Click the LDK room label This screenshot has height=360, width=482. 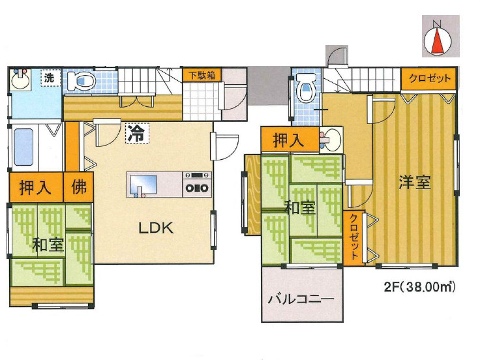click(x=155, y=228)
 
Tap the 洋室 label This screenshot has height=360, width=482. click(x=415, y=182)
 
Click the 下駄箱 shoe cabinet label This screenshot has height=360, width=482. click(x=202, y=75)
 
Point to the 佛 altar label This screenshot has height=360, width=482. click(x=79, y=188)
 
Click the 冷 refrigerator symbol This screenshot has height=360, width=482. click(x=137, y=134)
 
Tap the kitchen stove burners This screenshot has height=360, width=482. click(x=198, y=183)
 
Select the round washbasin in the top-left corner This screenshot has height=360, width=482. click(x=19, y=82)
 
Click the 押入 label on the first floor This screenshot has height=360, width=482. click(x=35, y=188)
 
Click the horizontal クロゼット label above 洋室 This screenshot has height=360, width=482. click(x=429, y=79)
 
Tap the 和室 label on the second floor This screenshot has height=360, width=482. click(x=300, y=208)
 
